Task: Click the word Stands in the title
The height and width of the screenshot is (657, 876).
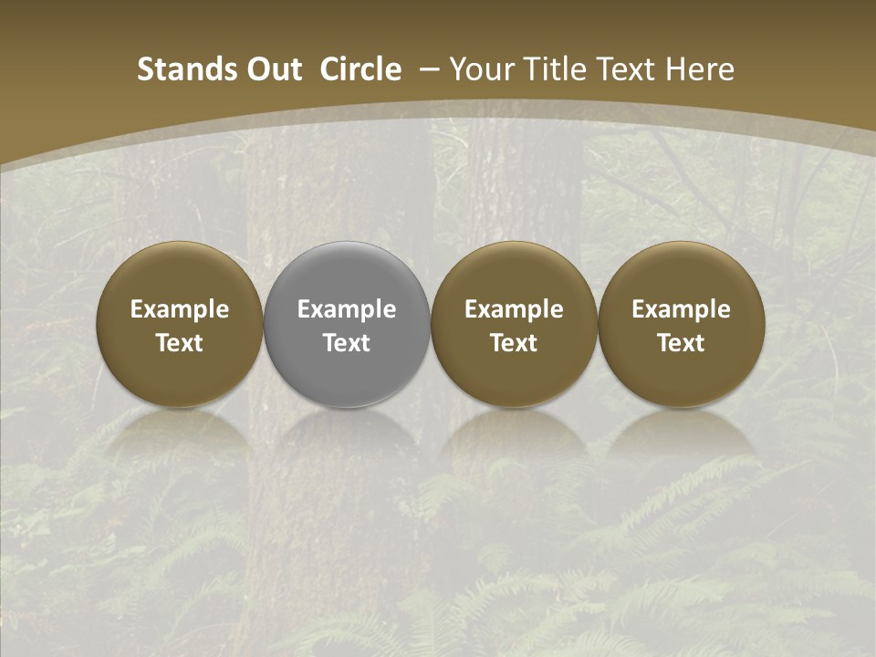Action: coord(185,69)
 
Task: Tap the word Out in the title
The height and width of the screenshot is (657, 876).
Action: coord(272,69)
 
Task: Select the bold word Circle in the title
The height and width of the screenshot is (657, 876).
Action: coord(360,69)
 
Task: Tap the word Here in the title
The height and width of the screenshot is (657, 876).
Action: coord(699,69)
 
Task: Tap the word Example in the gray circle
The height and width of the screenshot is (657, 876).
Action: coord(347,309)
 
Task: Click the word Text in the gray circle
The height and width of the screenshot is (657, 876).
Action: coord(347,343)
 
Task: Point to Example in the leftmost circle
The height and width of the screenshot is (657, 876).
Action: coord(180,309)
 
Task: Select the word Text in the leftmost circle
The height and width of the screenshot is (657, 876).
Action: coord(180,343)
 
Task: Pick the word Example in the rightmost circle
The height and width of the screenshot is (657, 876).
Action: coord(682,309)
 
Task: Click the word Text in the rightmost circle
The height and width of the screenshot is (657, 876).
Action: coord(682,343)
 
